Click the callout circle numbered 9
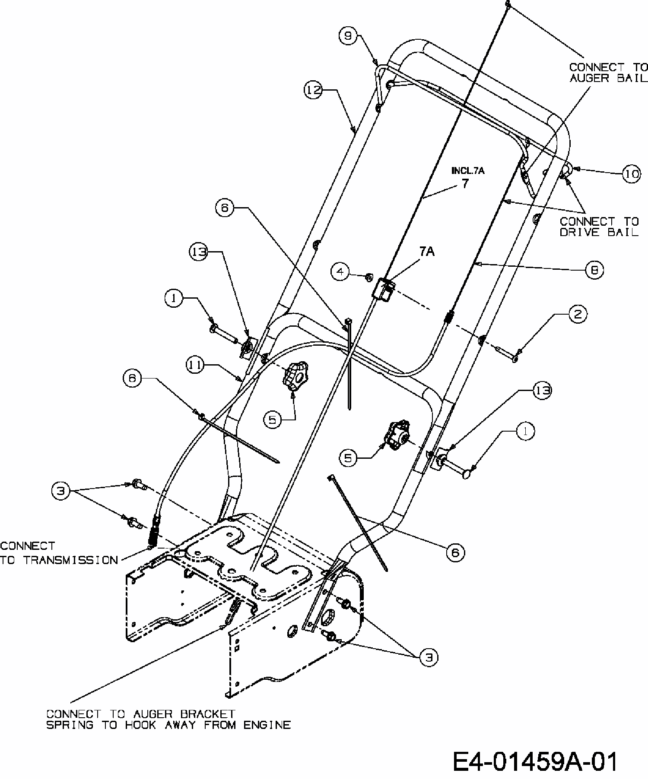point(348,36)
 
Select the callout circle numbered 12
point(314,90)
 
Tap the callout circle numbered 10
point(631,174)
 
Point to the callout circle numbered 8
point(595,270)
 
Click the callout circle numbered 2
point(578,314)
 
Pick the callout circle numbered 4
point(340,271)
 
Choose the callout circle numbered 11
point(195,365)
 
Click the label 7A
point(427,252)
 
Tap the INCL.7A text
point(468,171)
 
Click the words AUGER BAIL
point(609,78)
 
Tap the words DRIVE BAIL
point(599,232)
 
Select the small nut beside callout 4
point(368,276)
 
